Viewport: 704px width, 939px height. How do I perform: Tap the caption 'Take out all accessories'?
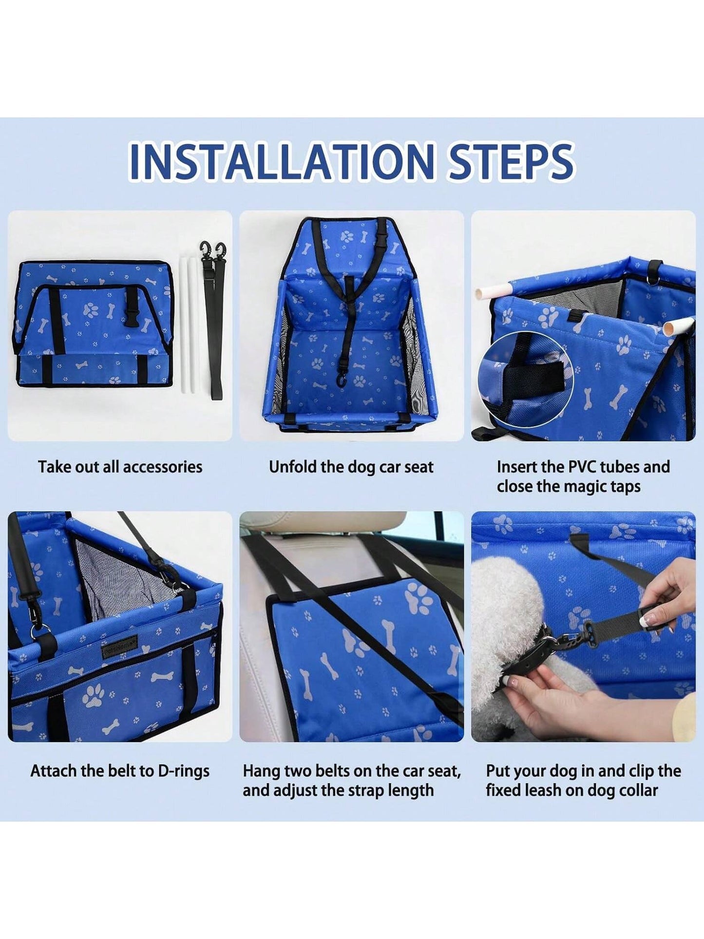click(120, 467)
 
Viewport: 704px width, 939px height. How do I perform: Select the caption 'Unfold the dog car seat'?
click(351, 467)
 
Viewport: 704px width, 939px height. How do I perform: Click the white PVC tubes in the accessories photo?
click(189, 325)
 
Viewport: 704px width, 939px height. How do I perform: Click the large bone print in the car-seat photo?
click(388, 636)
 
